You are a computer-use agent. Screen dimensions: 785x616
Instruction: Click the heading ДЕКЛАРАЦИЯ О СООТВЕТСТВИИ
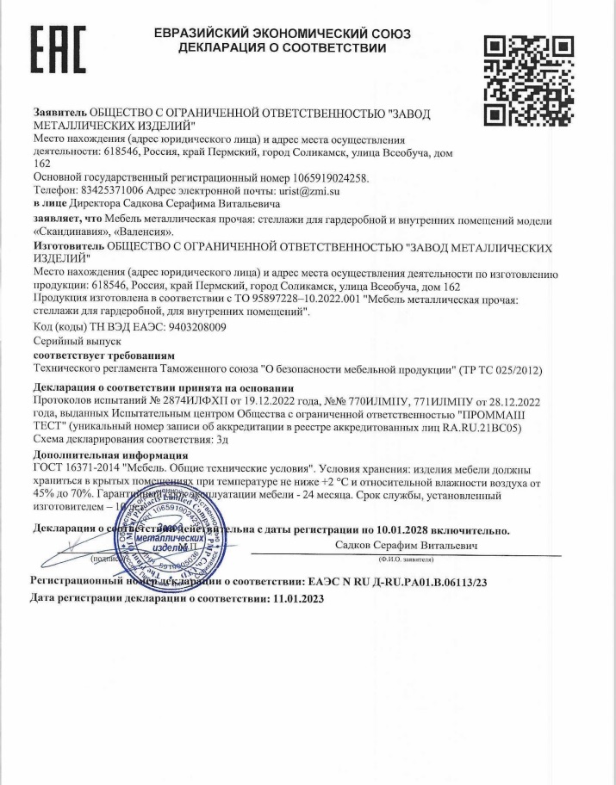pos(281,48)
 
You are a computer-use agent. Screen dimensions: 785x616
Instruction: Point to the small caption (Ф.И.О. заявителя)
pos(408,561)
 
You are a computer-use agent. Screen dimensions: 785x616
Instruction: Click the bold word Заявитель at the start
pos(59,113)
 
